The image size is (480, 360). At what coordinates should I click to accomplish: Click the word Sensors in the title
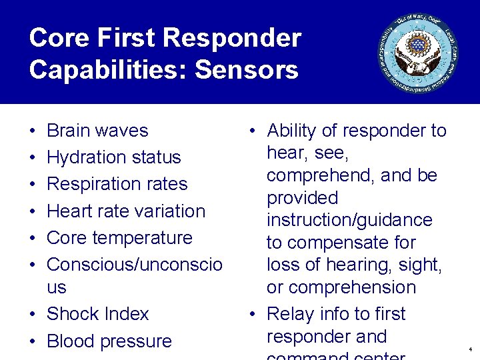(245, 69)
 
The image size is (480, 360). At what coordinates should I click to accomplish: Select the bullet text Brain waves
(97, 131)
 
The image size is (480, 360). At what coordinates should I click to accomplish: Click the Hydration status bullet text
(114, 157)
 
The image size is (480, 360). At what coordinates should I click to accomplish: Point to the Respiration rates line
(117, 184)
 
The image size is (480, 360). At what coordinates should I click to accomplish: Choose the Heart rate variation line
(126, 211)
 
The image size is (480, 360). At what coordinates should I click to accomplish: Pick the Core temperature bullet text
(119, 238)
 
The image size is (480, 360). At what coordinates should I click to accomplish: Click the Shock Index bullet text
(98, 314)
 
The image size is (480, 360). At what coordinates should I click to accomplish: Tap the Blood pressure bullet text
(109, 341)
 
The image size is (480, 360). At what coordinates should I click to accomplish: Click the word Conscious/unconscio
(135, 265)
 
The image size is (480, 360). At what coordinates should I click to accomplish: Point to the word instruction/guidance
(349, 220)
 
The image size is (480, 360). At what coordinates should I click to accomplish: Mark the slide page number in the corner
(470, 349)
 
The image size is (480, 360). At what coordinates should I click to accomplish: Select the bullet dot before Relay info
(253, 315)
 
